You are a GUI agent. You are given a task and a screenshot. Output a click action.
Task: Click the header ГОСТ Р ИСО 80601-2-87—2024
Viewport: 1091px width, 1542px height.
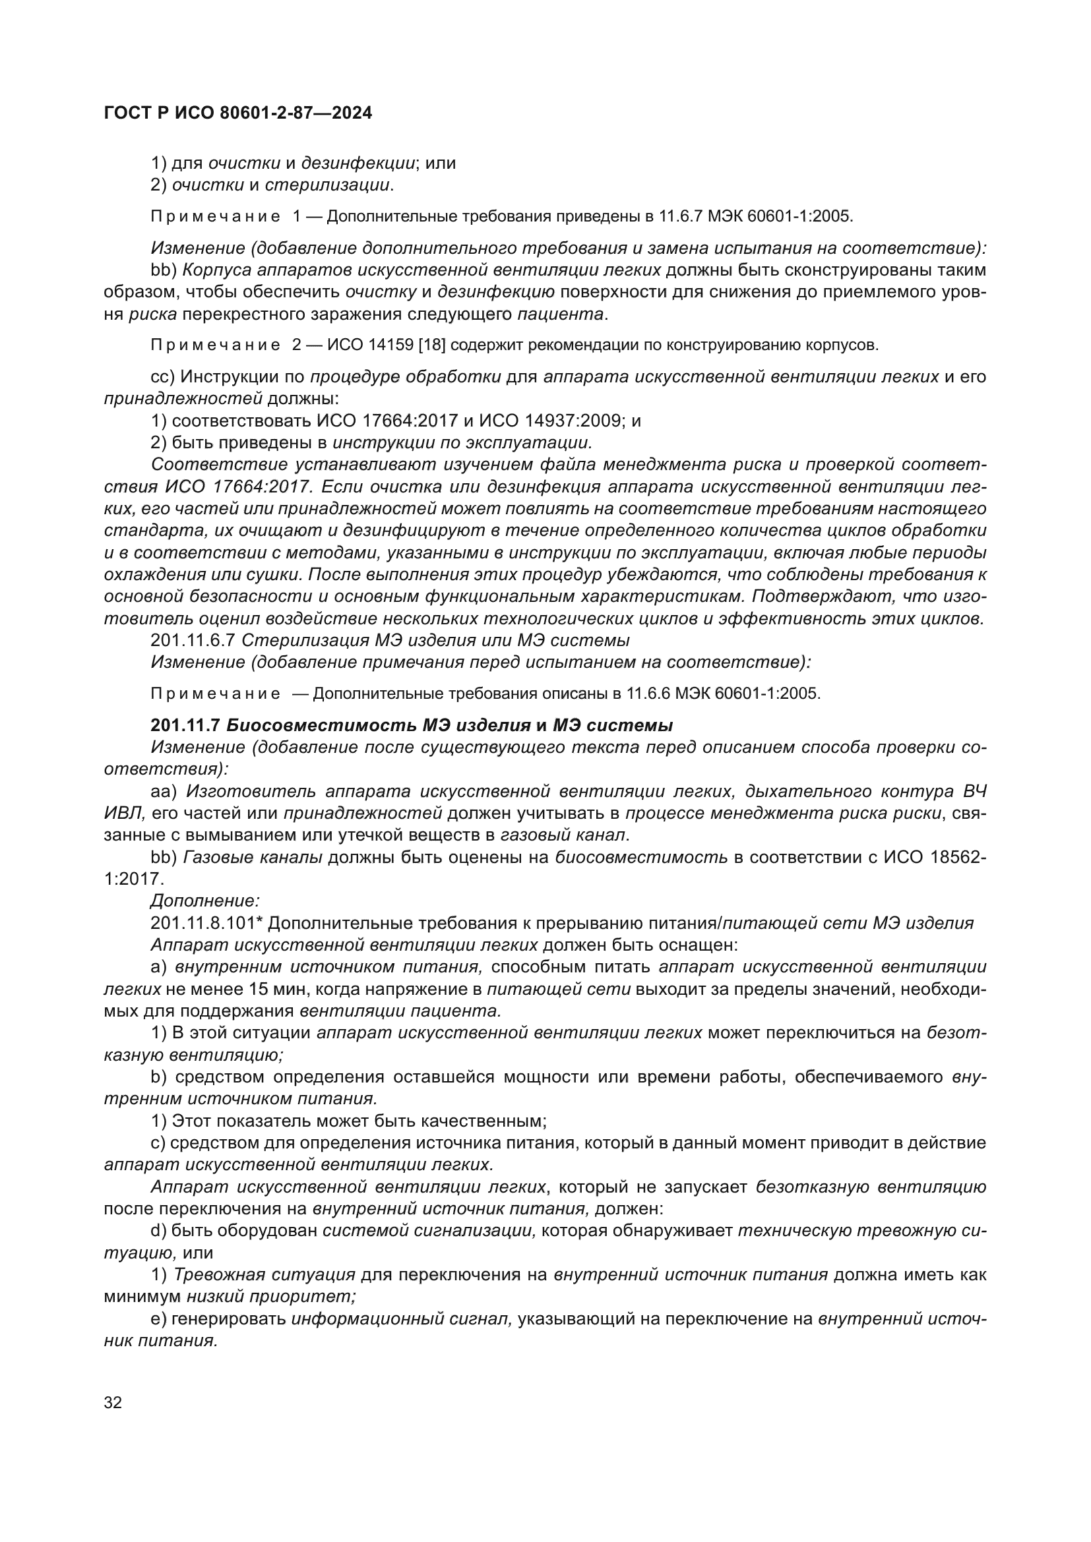point(238,113)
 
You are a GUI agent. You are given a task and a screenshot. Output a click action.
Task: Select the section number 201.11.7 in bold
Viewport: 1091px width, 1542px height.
point(185,725)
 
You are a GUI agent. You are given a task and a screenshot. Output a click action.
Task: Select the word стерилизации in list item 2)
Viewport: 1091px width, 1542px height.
point(327,185)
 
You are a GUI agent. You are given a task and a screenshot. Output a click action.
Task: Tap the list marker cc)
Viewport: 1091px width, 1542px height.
point(162,377)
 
